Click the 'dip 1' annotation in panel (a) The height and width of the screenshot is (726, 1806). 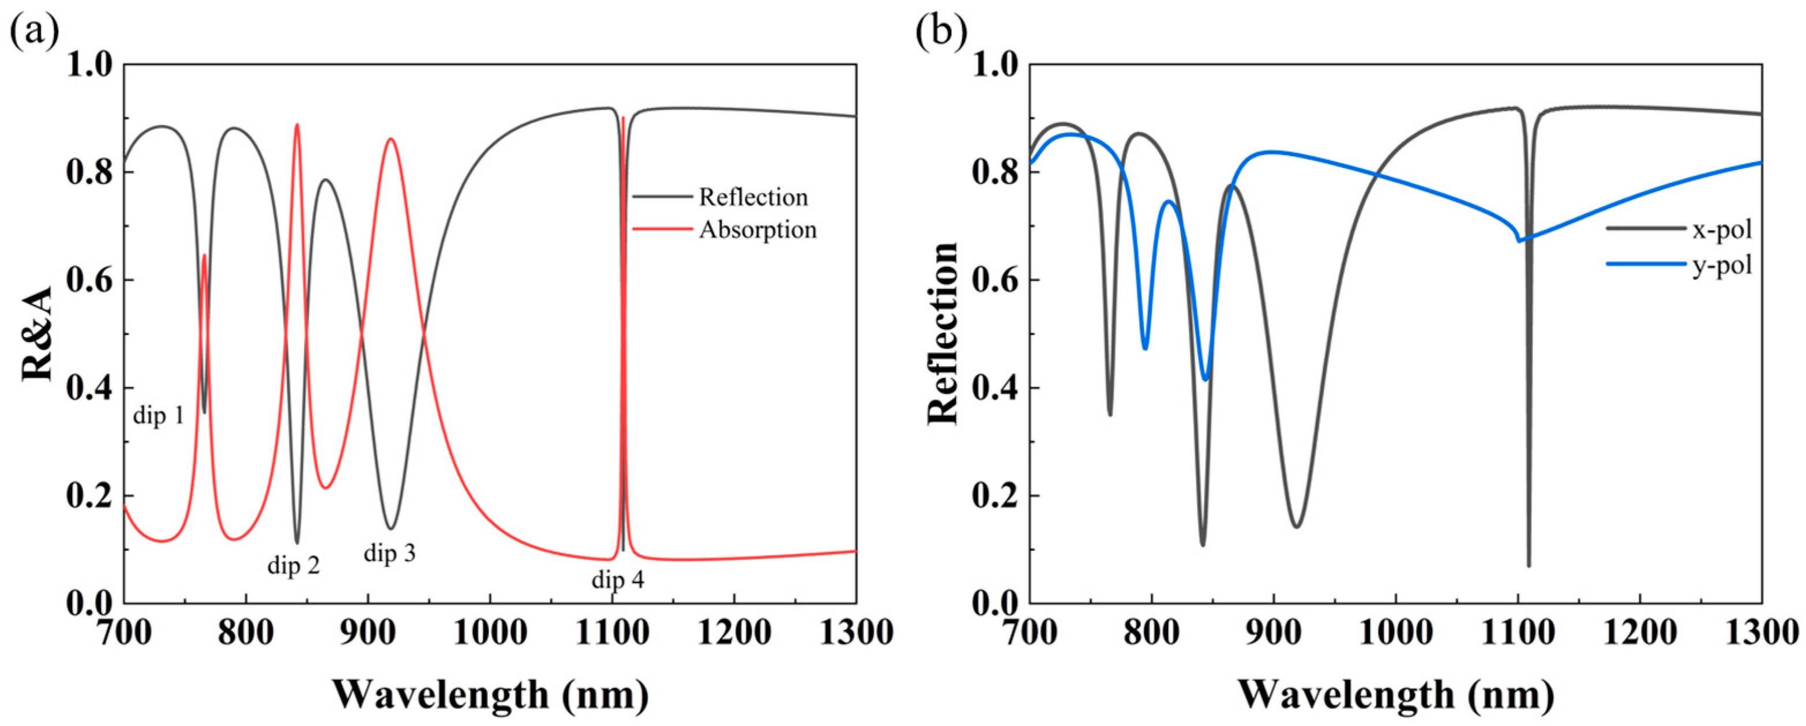[x=159, y=416]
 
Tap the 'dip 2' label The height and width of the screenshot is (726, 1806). [x=293, y=565]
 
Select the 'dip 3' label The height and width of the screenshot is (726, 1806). [x=390, y=553]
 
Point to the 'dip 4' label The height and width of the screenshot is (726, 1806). [x=618, y=580]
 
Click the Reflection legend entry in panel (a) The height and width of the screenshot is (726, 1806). [x=753, y=198]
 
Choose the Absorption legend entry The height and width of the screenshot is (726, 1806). [x=757, y=230]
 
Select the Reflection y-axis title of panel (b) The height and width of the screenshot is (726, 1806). [x=943, y=333]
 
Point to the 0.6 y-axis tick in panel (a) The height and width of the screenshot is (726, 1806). [x=90, y=280]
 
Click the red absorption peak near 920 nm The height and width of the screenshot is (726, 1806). [x=391, y=140]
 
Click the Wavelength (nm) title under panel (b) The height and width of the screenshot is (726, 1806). [x=1396, y=694]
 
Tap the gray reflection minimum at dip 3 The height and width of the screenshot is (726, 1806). [x=391, y=528]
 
